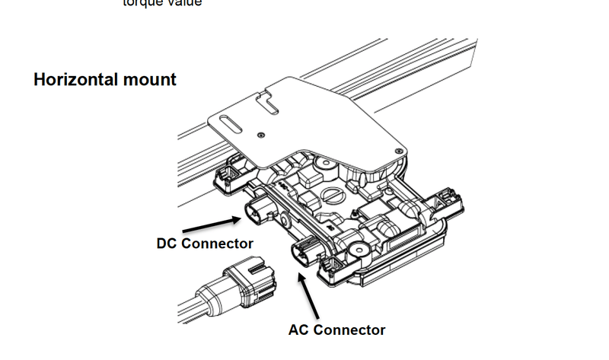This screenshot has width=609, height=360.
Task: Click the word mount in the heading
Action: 149,79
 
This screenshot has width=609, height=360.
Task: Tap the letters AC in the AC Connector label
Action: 301,330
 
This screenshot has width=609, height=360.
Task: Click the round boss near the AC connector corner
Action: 356,248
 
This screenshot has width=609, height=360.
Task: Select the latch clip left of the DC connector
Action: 226,174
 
